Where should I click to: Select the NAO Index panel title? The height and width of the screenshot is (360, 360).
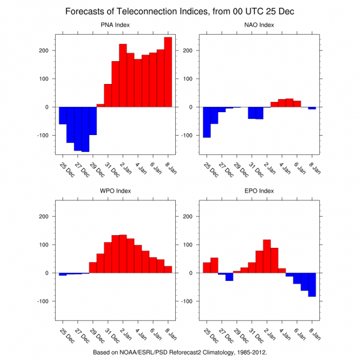(259, 25)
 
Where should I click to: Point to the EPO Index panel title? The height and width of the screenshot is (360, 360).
(259, 191)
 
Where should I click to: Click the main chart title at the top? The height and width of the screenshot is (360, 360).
(179, 11)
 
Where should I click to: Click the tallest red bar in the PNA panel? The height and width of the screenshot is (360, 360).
(168, 72)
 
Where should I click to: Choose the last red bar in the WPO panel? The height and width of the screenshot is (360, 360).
(168, 269)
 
